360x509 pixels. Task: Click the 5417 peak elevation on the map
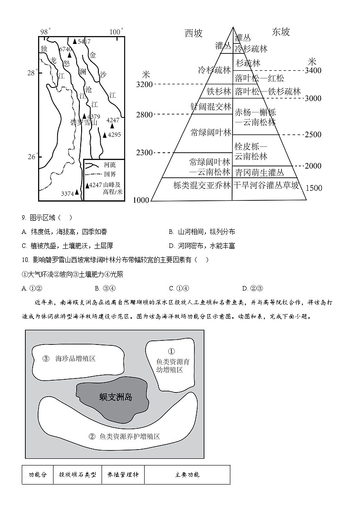[x=84, y=41]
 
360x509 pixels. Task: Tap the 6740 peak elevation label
[x=65, y=48]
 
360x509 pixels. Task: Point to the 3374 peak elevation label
[x=67, y=194]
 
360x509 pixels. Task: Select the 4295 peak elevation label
[x=114, y=135]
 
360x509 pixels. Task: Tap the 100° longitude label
[x=116, y=31]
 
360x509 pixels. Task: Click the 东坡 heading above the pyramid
[x=281, y=32]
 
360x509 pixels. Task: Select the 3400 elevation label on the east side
[x=313, y=70]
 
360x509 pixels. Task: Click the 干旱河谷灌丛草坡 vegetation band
[x=267, y=185]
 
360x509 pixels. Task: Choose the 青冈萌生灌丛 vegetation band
[x=259, y=172]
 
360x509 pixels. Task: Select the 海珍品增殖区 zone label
[x=75, y=359]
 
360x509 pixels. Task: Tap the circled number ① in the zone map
[x=171, y=351]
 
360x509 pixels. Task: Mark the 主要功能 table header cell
[x=187, y=475]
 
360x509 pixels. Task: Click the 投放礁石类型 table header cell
[x=78, y=475]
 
